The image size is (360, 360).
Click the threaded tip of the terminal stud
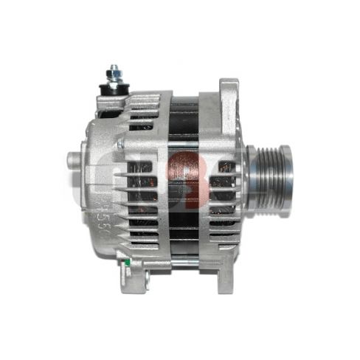114,69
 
